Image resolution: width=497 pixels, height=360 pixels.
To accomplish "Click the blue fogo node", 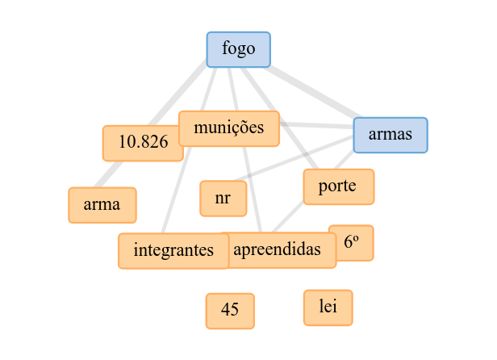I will [x=238, y=49].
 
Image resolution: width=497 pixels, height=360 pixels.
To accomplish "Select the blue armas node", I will [x=390, y=135].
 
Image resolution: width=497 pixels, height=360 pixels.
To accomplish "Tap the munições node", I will [x=229, y=128].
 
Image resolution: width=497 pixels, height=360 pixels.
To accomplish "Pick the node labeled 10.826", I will [x=143, y=143].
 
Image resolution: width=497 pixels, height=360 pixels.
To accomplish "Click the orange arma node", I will [x=102, y=204].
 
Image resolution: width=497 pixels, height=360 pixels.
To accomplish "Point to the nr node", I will [x=223, y=199].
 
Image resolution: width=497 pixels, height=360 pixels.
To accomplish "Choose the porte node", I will [x=338, y=186].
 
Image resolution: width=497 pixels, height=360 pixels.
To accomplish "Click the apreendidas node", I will [x=282, y=249].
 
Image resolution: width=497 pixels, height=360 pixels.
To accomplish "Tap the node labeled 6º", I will [x=351, y=242].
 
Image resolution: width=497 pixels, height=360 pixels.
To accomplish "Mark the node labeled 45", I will [x=230, y=311].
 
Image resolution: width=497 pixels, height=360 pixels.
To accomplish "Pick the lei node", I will [x=328, y=308].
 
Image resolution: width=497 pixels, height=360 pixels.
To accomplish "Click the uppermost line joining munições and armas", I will [x=316, y=124].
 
